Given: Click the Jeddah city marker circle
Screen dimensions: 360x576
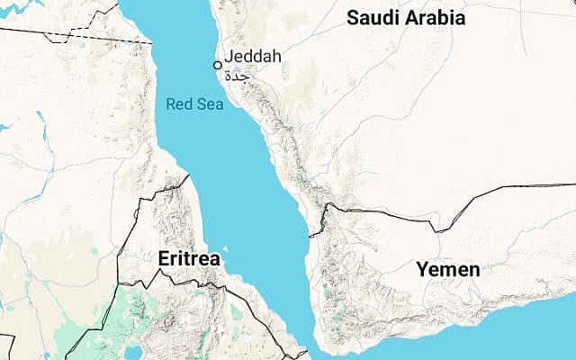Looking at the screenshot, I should point(217,65).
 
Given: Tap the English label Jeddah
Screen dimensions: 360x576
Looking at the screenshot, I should point(253,57).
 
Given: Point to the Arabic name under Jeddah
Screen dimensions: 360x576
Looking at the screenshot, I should point(236,75).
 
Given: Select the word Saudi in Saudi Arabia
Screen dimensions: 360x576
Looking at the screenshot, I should point(373,17).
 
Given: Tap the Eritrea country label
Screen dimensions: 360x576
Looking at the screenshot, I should point(189,258).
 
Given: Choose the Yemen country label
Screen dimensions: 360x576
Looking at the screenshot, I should point(447,269).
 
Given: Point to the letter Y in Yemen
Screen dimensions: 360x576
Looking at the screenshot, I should point(420,269).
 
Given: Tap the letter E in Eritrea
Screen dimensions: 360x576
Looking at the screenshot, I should point(163,258).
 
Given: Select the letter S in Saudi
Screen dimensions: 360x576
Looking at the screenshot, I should point(353,17).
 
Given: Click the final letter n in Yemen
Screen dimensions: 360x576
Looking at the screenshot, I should point(473,270).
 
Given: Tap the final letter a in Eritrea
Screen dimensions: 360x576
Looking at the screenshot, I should point(214,259).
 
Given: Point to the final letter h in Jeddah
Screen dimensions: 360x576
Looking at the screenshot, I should point(276,57).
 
